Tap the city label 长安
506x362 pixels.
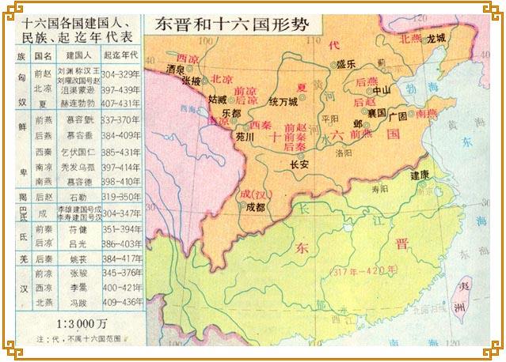299,164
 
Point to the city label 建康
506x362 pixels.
420,174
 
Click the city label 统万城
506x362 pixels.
283,102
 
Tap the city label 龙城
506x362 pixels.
436,37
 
